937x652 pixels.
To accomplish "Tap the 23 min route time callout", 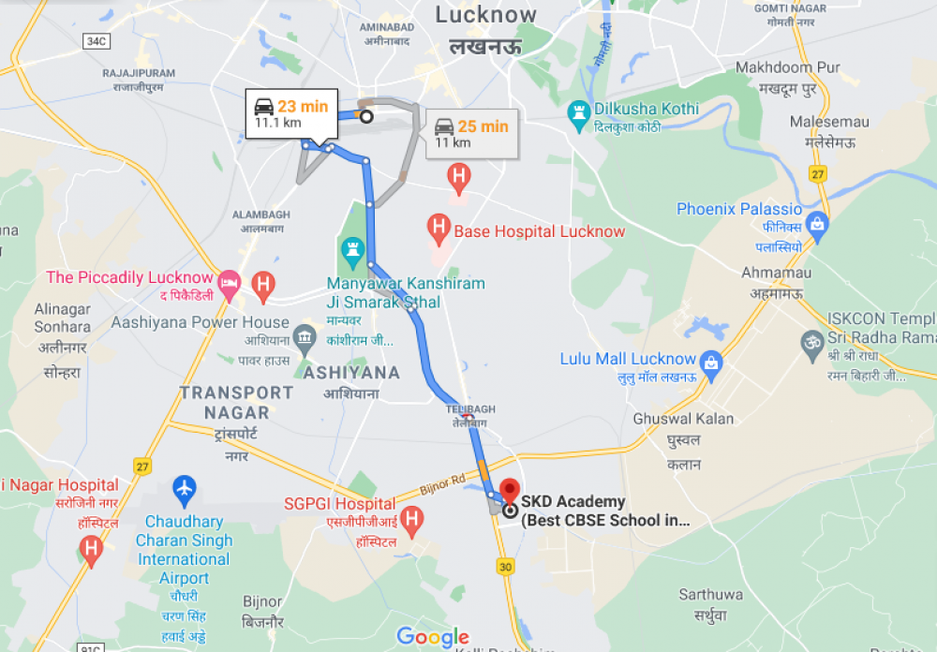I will [291, 114].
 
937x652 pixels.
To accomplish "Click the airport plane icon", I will [185, 488].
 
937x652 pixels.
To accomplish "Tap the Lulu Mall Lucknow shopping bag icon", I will [711, 361].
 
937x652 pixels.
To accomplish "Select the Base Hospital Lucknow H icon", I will [438, 226].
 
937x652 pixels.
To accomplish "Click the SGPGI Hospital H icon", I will [411, 518].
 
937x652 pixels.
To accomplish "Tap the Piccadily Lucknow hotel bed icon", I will [228, 281].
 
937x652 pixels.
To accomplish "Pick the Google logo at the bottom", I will [433, 637].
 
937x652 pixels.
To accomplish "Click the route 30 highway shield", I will [506, 567].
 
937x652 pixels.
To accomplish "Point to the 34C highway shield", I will [95, 41].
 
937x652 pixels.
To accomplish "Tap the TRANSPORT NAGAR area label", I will [237, 402].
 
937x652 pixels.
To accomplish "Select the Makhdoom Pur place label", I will [787, 67].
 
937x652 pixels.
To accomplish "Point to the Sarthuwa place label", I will [711, 594].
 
